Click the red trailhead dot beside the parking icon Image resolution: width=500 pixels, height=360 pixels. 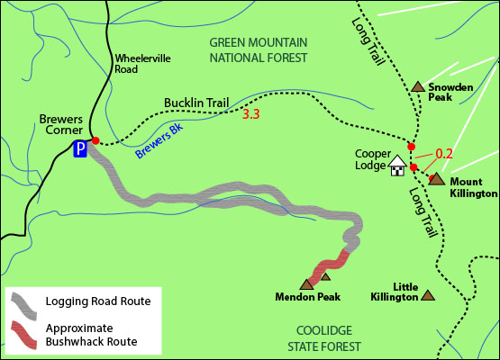[95, 141]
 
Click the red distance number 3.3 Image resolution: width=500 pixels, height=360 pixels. [251, 114]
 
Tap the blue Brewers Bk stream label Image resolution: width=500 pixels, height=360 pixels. [159, 141]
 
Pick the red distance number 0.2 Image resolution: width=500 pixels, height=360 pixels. [443, 154]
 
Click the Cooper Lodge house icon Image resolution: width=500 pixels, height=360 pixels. [397, 166]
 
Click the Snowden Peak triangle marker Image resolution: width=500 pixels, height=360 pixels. [418, 87]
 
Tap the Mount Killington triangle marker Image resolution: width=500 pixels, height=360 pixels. [436, 179]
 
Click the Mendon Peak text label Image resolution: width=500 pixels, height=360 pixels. [308, 296]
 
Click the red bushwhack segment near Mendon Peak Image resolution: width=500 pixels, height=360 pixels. [329, 265]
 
